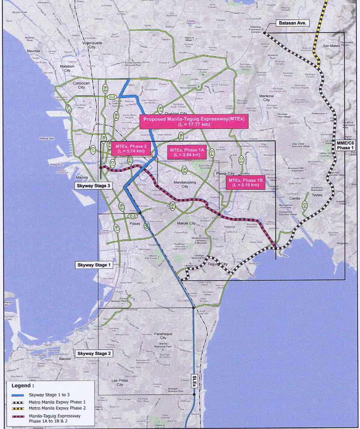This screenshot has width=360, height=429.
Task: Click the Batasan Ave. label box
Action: tap(293, 23)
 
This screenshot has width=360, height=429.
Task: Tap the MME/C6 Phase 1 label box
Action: tap(344, 145)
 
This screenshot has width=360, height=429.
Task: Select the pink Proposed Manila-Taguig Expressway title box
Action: tap(193, 121)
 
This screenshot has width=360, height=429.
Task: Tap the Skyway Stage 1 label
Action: tap(94, 265)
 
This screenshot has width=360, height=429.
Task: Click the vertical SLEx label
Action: tap(194, 381)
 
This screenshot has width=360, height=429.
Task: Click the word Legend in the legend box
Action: tap(23, 385)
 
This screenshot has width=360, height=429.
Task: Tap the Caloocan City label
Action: tap(79, 85)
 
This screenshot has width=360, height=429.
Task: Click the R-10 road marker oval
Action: tap(68, 108)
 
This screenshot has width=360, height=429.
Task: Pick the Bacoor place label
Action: tap(66, 359)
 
